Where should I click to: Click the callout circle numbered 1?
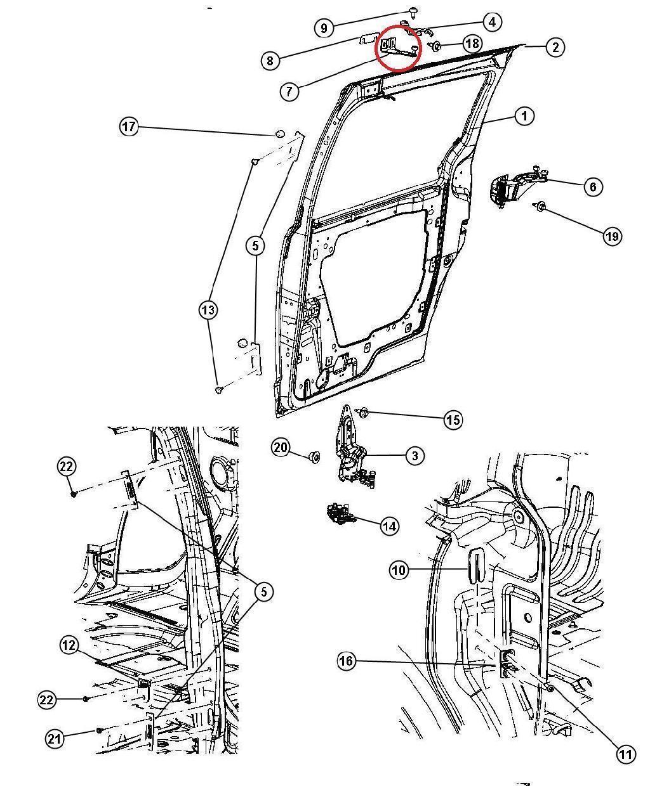[524, 116]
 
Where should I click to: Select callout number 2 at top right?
[555, 47]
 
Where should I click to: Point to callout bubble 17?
[129, 127]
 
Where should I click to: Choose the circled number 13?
[208, 310]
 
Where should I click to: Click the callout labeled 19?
[612, 236]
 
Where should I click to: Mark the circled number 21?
[55, 738]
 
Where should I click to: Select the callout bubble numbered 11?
[626, 754]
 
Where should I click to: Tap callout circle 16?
[346, 661]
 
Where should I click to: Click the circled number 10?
[398, 571]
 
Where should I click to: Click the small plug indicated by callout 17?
[278, 134]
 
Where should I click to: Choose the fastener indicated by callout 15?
[364, 413]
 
